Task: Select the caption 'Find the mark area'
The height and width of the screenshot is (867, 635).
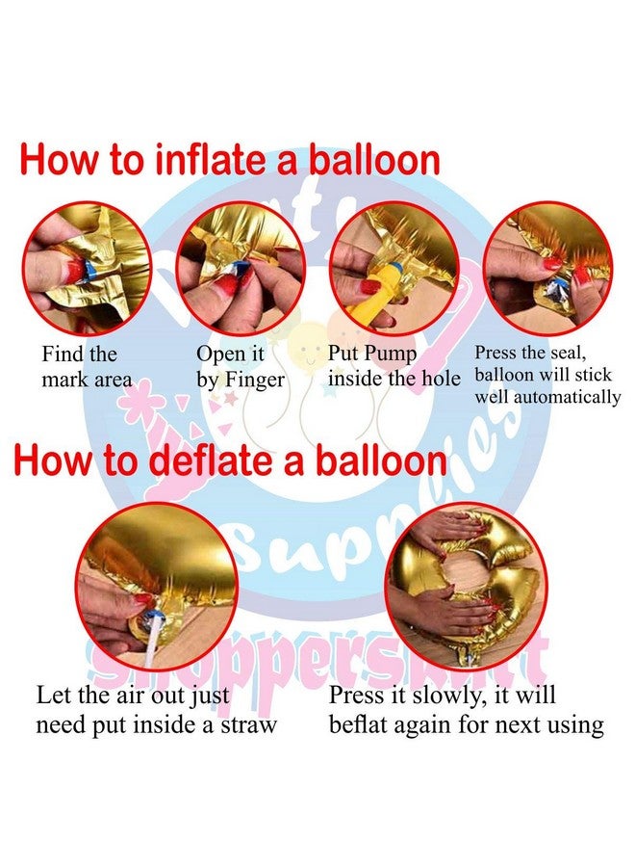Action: [87, 367]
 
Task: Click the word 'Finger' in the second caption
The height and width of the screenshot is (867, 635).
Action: [256, 381]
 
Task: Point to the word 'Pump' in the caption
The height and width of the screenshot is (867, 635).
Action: [391, 355]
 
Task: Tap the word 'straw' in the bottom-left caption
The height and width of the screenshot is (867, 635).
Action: [248, 724]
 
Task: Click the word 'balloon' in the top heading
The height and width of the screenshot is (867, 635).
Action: [374, 160]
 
